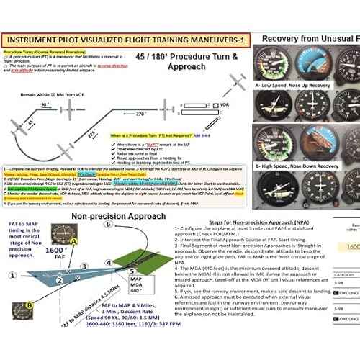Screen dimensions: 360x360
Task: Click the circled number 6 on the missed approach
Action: [x=107, y=224]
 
